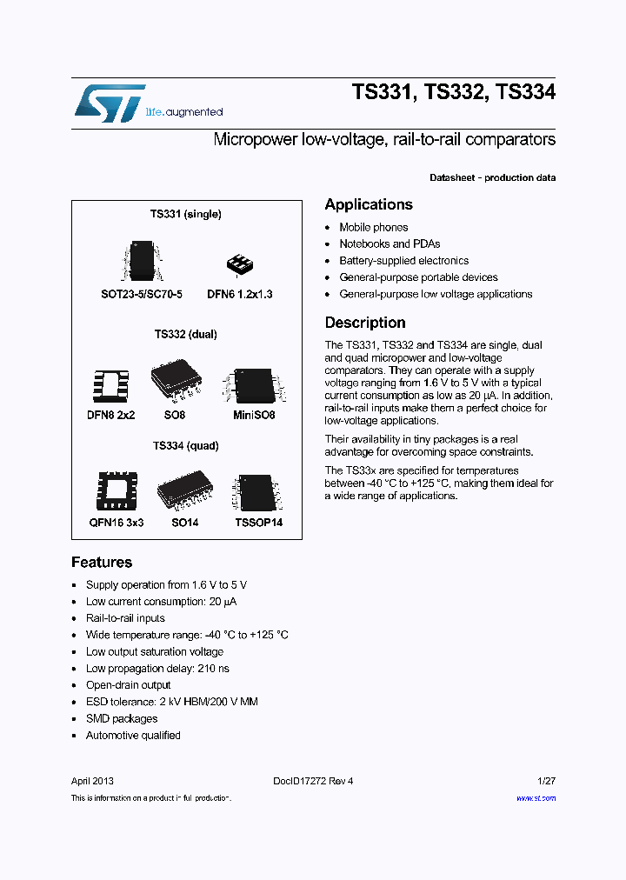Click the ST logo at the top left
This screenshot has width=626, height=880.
(109, 102)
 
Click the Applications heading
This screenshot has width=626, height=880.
(368, 205)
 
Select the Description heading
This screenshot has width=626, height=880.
(364, 323)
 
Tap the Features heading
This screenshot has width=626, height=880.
(102, 563)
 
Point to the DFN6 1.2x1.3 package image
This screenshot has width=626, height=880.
(239, 263)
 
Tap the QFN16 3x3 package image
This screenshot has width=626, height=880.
(116, 492)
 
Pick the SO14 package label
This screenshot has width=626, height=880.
(184, 523)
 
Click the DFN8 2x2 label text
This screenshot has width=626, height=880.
(110, 416)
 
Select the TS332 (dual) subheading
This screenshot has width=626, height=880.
(185, 334)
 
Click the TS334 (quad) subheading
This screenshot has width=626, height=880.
(185, 446)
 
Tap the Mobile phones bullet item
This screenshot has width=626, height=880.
(373, 227)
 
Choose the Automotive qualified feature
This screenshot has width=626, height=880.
(133, 736)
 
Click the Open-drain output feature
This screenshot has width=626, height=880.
(130, 685)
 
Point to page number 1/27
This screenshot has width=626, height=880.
(546, 781)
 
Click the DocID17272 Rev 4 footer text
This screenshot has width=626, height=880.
(313, 781)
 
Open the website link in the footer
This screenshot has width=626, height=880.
(536, 798)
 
